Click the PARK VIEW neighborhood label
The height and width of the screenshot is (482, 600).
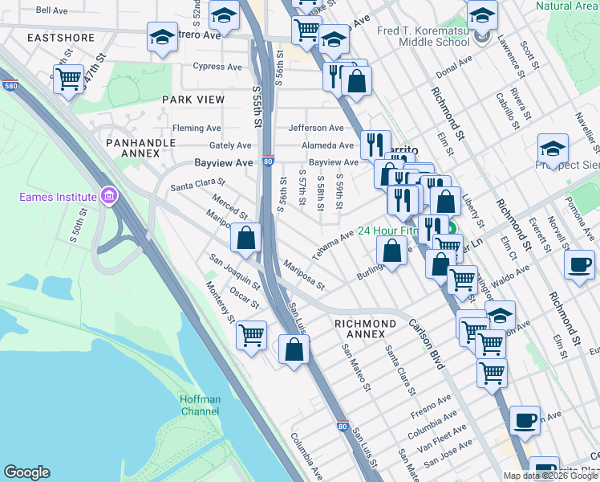(193, 99)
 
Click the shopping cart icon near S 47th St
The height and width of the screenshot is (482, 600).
(69, 79)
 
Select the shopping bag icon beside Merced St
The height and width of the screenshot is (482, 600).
(246, 238)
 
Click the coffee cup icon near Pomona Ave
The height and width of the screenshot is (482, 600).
(579, 264)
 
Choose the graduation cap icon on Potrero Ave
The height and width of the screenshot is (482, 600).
(163, 37)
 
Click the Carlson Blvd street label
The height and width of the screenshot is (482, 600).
(426, 346)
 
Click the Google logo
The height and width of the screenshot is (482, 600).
(26, 472)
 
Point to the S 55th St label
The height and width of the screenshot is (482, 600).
(257, 105)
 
